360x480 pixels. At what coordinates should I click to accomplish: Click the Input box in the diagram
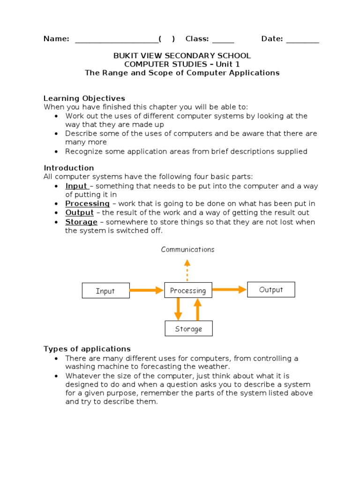pos(105,291)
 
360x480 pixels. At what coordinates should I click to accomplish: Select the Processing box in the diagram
pos(188,291)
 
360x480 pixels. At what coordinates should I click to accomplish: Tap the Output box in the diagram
pos(271,290)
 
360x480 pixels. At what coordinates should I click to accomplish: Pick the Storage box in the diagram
pos(188,329)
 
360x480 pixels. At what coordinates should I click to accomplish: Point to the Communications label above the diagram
pos(187,249)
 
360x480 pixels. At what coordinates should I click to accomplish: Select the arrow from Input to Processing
pos(146,291)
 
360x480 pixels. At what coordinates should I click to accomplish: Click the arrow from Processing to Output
pos(229,290)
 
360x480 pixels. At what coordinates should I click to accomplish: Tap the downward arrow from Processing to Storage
pos(178,309)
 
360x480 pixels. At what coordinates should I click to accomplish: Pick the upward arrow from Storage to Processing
pos(197,309)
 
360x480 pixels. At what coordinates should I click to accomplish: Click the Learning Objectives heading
pos(84,98)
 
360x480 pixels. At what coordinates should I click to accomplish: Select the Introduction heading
pos(69,168)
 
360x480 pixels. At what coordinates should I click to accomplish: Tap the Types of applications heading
pos(87,349)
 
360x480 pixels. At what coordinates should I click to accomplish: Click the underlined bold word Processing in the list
pos(87,203)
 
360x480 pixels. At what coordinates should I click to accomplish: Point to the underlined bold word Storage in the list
pos(81,222)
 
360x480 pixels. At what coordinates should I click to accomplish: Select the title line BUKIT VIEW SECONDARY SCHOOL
pos(182,55)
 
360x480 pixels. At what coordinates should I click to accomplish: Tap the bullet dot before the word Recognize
pos(57,151)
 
